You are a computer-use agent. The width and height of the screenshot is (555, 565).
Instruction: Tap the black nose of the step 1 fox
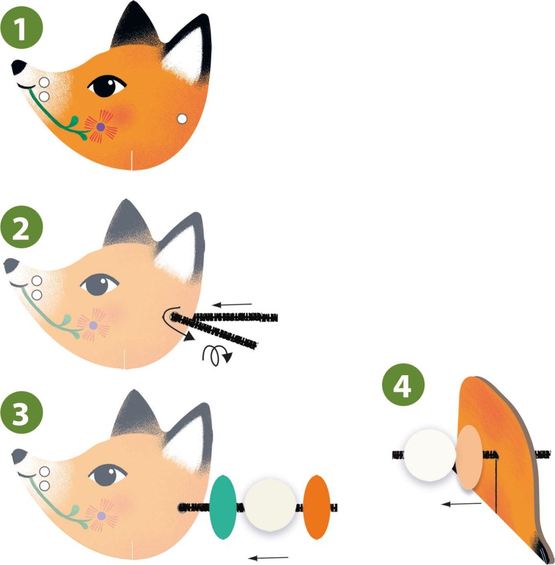pos(18,67)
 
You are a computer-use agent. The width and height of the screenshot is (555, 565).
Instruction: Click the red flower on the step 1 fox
pos(101,127)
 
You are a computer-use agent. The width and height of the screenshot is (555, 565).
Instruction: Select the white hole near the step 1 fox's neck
pos(181,118)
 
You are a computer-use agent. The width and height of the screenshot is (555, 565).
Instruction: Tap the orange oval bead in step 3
pos(317,507)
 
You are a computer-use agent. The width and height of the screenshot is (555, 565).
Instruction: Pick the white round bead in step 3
pos(270,505)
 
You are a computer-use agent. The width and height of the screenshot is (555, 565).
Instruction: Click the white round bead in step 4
pos(429,455)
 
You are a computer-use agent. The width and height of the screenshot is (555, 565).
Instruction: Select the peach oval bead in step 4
pos(469,457)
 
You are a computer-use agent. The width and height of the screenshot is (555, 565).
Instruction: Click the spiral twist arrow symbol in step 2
pos(217,355)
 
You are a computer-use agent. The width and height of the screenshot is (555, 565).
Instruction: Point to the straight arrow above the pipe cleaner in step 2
pos(233,304)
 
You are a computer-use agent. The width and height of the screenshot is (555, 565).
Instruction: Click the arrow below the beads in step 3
pos(268,557)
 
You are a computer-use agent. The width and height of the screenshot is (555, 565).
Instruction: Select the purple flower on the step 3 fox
pos(101,515)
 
